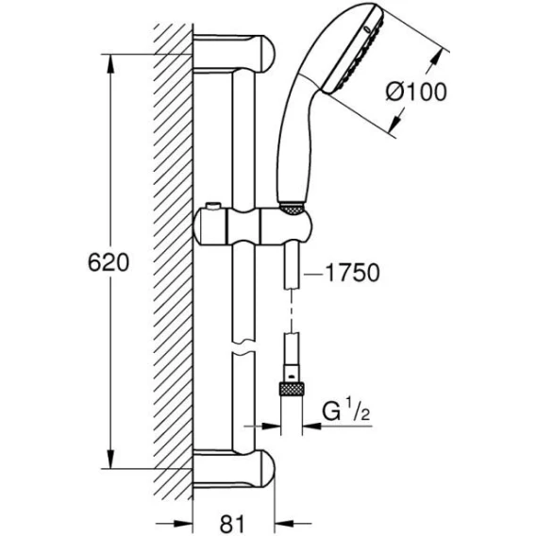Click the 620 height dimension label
[x=109, y=262]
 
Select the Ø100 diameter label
[x=416, y=92]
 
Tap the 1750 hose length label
[x=352, y=273]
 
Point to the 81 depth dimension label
[x=232, y=524]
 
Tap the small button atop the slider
[x=212, y=206]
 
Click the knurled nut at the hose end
[x=292, y=389]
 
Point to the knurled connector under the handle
[x=292, y=209]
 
